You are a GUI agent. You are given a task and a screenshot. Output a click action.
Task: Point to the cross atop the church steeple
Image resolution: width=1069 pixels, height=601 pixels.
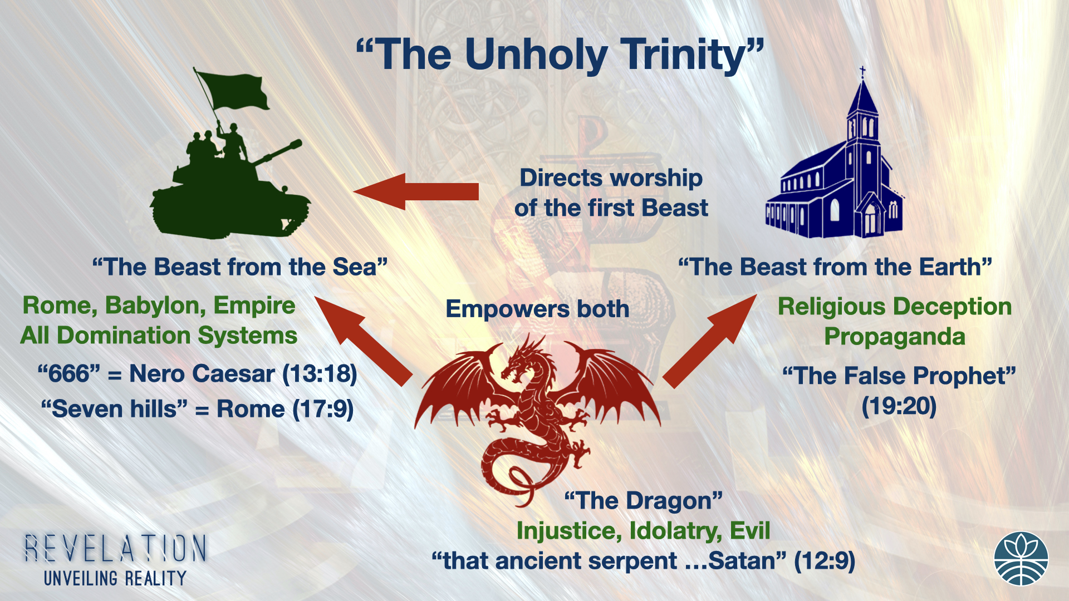[x=862, y=71]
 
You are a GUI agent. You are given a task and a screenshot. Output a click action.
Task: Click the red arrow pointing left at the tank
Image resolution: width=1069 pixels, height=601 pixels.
[x=416, y=191]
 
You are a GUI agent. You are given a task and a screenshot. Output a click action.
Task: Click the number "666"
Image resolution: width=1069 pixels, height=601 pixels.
[x=69, y=374]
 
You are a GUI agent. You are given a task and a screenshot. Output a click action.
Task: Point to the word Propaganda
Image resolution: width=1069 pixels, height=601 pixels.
[x=895, y=337]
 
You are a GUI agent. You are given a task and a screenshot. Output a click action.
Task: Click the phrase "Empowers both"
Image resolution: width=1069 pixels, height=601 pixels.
[x=537, y=309]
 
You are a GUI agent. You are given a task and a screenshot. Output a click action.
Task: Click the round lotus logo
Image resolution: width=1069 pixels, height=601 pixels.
[x=1021, y=559]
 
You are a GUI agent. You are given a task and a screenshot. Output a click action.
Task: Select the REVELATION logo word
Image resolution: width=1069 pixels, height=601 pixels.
[x=115, y=548]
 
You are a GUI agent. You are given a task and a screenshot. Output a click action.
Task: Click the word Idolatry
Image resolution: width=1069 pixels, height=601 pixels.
[x=675, y=531]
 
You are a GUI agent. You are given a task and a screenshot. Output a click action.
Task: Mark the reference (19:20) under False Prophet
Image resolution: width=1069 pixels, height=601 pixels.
[x=899, y=406]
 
